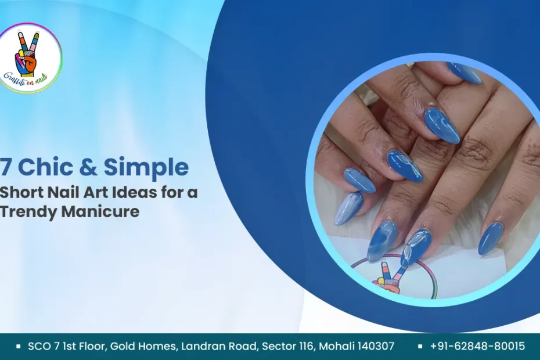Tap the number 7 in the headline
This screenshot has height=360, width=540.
(5, 168)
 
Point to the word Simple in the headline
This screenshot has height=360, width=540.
(146, 168)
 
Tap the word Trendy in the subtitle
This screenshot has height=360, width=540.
(28, 211)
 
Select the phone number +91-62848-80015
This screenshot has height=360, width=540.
(477, 347)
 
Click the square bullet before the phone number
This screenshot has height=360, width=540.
(419, 347)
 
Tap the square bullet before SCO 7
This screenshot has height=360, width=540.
(19, 347)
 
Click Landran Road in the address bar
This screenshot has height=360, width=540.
(218, 347)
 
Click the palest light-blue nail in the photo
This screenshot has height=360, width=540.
(348, 208)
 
